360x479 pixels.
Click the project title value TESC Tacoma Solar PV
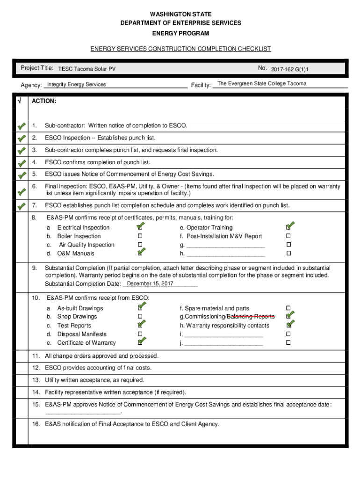click(86, 69)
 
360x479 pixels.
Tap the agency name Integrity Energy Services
click(76, 85)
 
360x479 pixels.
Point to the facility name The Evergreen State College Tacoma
click(262, 84)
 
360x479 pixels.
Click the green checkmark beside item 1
click(22, 126)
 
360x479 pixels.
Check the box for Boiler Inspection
click(140, 236)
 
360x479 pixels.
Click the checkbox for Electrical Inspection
click(140, 228)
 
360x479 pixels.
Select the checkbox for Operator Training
click(288, 228)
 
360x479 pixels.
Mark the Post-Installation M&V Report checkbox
click(288, 236)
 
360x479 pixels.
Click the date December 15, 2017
click(150, 284)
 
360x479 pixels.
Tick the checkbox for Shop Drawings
click(140, 317)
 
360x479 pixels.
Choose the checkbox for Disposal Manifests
click(140, 334)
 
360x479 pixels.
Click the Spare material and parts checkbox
click(288, 308)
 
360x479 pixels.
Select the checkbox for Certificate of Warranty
click(140, 342)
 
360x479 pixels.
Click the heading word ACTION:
click(44, 101)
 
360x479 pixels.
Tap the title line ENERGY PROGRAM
click(180, 34)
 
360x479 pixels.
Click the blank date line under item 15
click(83, 413)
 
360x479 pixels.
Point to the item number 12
click(36, 368)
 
